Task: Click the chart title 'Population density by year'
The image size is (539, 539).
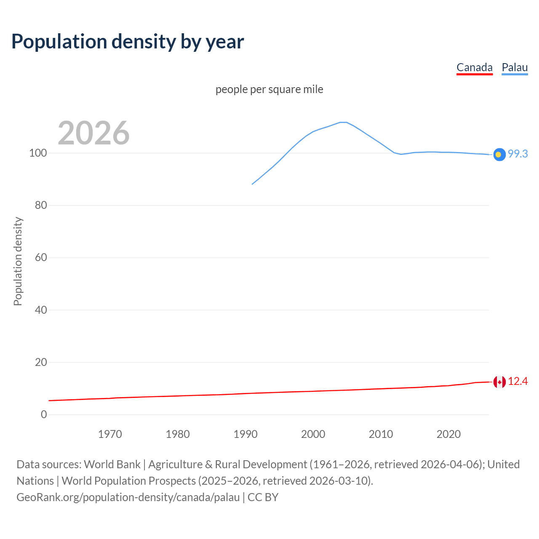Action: (x=128, y=42)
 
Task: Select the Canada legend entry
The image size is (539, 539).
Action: (x=474, y=67)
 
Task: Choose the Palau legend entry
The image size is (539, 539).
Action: (x=515, y=67)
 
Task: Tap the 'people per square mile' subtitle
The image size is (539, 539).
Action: (x=269, y=89)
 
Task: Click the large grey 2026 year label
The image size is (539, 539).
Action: (x=93, y=133)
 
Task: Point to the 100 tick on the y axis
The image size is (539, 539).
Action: (x=38, y=153)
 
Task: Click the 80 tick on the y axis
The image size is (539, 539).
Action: (x=40, y=205)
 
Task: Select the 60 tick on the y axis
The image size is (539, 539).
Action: (x=40, y=258)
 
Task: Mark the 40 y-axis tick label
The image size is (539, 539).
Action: (x=40, y=310)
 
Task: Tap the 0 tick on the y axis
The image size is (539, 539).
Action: (x=44, y=415)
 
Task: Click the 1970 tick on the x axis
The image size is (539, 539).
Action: (x=110, y=434)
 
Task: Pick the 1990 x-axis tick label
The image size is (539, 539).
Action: (x=245, y=434)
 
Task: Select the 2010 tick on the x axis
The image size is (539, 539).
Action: (x=381, y=434)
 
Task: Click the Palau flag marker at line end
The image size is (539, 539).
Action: (x=499, y=155)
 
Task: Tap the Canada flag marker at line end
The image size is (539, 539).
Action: (x=499, y=382)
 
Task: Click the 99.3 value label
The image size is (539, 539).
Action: (x=518, y=154)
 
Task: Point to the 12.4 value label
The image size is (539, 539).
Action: (x=518, y=382)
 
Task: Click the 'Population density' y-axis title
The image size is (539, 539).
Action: (x=18, y=261)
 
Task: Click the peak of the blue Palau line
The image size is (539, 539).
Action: (x=343, y=122)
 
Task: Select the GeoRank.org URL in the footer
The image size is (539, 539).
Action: (x=128, y=497)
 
